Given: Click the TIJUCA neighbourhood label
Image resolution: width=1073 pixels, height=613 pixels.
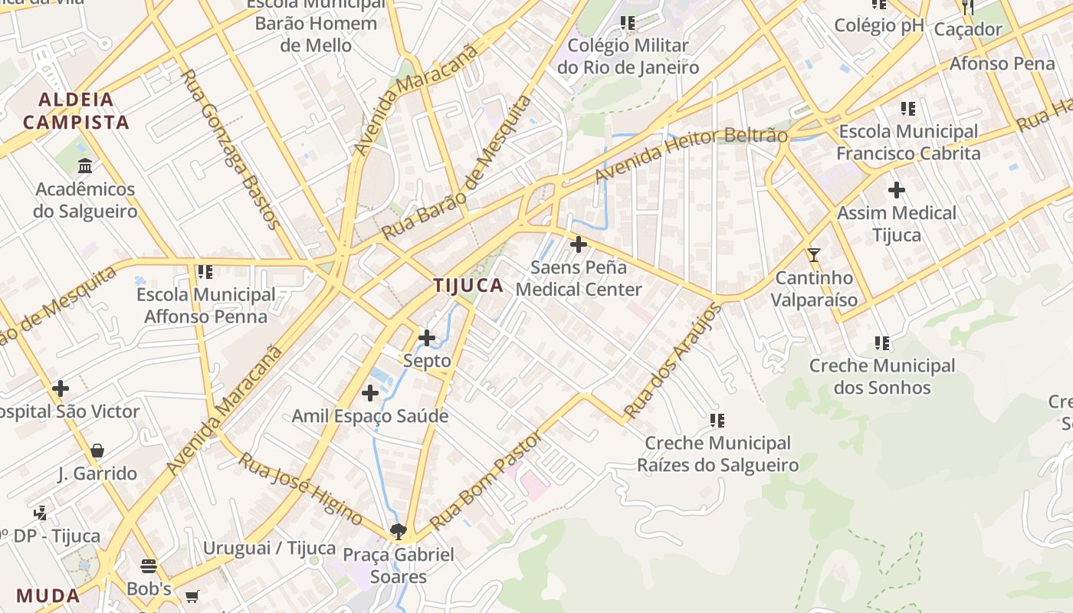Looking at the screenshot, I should click(468, 286).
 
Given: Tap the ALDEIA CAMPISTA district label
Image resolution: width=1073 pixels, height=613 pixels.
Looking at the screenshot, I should click(76, 110).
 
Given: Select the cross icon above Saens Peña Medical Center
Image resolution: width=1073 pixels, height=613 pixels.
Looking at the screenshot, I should click(579, 244).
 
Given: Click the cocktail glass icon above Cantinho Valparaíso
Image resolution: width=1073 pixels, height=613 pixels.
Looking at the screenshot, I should click(813, 254).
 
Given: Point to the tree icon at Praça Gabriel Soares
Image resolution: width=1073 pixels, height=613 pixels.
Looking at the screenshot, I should click(398, 531).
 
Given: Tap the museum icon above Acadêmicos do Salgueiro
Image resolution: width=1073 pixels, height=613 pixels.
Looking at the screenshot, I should click(85, 166).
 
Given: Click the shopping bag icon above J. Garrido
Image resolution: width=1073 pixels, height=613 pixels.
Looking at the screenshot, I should click(97, 451).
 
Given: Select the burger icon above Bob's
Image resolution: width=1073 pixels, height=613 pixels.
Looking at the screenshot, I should click(149, 566).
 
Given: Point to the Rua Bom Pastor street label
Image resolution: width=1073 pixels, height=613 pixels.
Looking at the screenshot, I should click(486, 480).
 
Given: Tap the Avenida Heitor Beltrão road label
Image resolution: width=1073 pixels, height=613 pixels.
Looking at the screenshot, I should click(691, 156).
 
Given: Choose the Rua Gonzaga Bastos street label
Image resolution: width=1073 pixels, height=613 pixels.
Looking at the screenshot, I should click(229, 149).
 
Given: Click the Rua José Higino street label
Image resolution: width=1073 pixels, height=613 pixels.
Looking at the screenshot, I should click(300, 488).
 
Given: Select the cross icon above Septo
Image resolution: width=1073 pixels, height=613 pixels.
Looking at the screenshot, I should click(427, 337).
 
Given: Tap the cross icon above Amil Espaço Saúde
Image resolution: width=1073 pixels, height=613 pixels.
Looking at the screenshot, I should click(370, 393).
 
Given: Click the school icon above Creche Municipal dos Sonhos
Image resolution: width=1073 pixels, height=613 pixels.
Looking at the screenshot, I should click(882, 343).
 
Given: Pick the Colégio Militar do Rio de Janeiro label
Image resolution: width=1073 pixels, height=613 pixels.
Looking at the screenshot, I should click(628, 56).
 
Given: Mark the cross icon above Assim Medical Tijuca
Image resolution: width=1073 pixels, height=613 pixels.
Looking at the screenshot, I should click(896, 189).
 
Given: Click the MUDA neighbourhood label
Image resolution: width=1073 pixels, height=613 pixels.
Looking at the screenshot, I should click(48, 595).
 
